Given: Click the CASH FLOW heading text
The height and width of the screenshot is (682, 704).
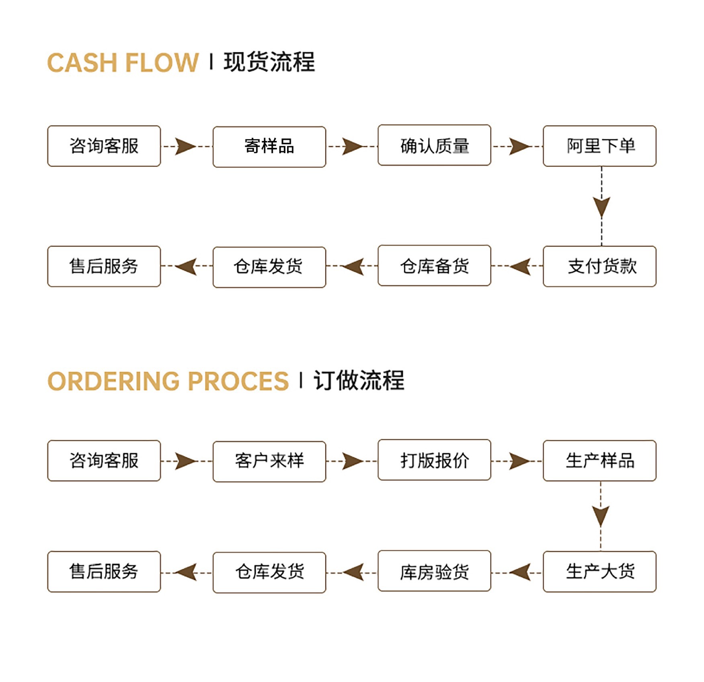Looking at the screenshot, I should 123,63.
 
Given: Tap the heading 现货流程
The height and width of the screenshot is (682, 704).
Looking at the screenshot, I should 269,62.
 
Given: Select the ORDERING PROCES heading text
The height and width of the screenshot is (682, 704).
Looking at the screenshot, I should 168,381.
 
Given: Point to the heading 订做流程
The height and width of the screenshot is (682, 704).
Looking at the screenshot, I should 359,380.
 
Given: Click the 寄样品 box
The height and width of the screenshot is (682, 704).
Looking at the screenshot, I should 269,147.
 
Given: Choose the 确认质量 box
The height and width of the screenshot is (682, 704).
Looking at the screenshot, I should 434,145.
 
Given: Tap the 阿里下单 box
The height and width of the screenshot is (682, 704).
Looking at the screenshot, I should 599,146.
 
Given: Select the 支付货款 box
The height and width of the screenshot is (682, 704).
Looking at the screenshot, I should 599,266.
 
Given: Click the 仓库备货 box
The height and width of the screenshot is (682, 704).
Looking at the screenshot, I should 434,266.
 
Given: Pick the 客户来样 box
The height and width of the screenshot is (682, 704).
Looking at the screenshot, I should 269,461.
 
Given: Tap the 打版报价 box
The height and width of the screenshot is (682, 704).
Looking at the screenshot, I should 434,460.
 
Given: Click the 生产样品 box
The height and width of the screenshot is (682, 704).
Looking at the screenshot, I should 599,461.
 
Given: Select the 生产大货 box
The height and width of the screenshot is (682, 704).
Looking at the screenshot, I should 599,571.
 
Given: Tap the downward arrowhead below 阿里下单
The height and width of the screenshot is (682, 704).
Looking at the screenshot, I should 601,207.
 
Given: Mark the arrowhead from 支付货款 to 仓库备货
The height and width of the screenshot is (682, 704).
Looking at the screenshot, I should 521,266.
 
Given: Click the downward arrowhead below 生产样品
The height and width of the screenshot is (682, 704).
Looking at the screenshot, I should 601,516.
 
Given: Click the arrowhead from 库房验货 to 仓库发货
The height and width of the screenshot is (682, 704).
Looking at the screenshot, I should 354,572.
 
